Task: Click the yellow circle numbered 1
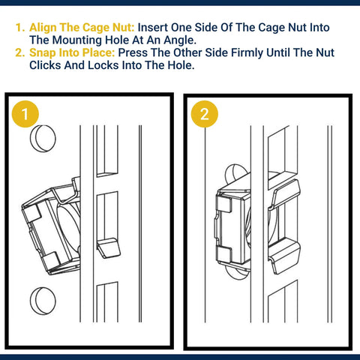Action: tap(25, 114)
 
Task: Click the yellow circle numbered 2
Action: tap(205, 114)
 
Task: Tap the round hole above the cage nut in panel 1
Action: tap(43, 138)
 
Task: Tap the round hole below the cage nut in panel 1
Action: tap(43, 301)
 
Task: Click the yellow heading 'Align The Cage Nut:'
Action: tap(82, 28)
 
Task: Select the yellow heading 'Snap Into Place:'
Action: tap(72, 52)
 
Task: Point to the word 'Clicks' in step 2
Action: tap(45, 65)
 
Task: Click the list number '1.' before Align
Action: tap(20, 28)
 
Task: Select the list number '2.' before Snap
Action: tap(20, 52)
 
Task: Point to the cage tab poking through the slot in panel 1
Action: tap(109, 248)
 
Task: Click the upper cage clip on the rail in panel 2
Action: tap(285, 193)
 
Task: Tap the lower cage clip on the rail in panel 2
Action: tap(285, 256)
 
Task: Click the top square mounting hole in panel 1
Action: tap(107, 151)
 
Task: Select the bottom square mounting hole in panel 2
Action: tap(283, 301)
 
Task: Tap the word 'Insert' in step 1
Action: tap(152, 28)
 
